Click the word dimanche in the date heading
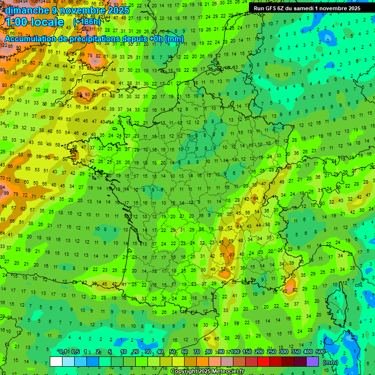(26, 10)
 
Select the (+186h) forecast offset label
(86, 22)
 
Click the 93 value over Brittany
(87, 95)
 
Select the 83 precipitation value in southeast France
(231, 254)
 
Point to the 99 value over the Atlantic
(6, 193)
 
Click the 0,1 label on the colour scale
(63, 352)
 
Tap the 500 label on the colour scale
(320, 352)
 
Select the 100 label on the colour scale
(235, 352)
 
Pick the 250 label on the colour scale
(271, 352)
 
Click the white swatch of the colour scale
(56, 361)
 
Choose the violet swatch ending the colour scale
(312, 361)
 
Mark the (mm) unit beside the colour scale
(331, 362)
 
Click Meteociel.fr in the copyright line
(231, 372)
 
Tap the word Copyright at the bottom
(184, 372)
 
